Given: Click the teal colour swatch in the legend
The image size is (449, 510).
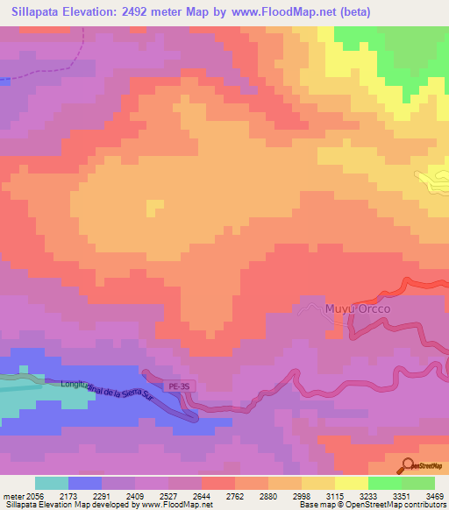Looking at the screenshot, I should [x=51, y=483].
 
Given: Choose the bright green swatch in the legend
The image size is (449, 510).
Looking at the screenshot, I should [x=384, y=483].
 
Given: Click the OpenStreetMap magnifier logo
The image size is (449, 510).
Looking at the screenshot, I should [x=409, y=464].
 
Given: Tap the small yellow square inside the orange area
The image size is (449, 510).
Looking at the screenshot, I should [x=155, y=208].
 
